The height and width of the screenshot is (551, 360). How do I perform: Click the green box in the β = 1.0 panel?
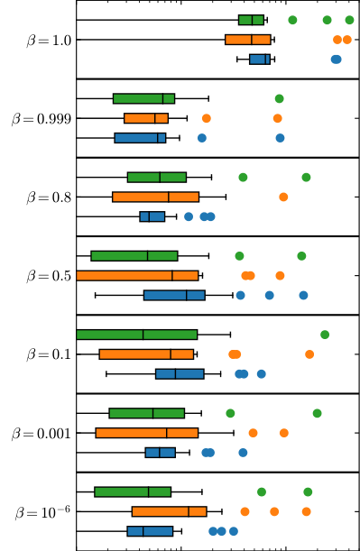click(x=251, y=20)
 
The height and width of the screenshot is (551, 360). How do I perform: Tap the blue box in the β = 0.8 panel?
click(x=152, y=216)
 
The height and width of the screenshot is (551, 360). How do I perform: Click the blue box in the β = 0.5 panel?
click(x=174, y=295)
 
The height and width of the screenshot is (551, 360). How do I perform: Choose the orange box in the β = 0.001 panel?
click(x=146, y=433)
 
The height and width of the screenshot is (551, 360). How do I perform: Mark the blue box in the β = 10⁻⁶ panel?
click(x=150, y=531)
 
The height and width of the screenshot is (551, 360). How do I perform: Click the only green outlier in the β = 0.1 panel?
click(x=325, y=335)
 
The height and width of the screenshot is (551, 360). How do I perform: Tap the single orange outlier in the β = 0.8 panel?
click(x=283, y=197)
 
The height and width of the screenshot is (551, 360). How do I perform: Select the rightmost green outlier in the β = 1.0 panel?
click(x=349, y=20)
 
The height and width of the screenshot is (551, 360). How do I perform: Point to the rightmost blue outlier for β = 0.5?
click(x=303, y=295)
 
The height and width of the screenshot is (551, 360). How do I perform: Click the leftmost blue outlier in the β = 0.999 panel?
click(x=202, y=138)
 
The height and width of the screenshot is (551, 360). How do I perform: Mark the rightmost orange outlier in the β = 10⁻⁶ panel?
click(x=306, y=511)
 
